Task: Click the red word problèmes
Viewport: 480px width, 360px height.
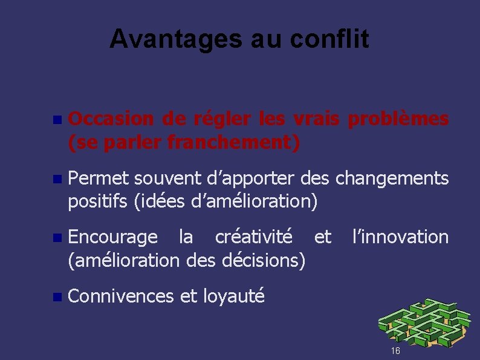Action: pyautogui.click(x=397, y=120)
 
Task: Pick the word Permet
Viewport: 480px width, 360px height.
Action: pyautogui.click(x=98, y=178)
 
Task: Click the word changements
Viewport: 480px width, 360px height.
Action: pyautogui.click(x=392, y=178)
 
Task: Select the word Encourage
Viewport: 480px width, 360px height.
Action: pyautogui.click(x=113, y=237)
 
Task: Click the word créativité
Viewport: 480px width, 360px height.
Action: pyautogui.click(x=254, y=237)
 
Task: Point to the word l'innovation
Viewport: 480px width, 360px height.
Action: pyautogui.click(x=401, y=237)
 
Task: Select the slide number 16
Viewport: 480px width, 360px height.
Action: pyautogui.click(x=395, y=351)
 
